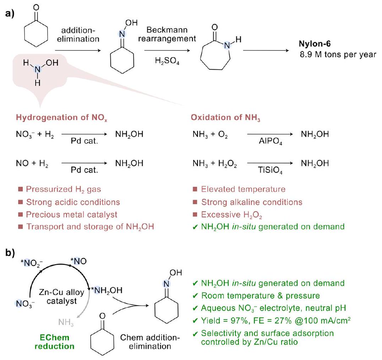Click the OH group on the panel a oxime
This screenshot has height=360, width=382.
click(131, 22)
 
